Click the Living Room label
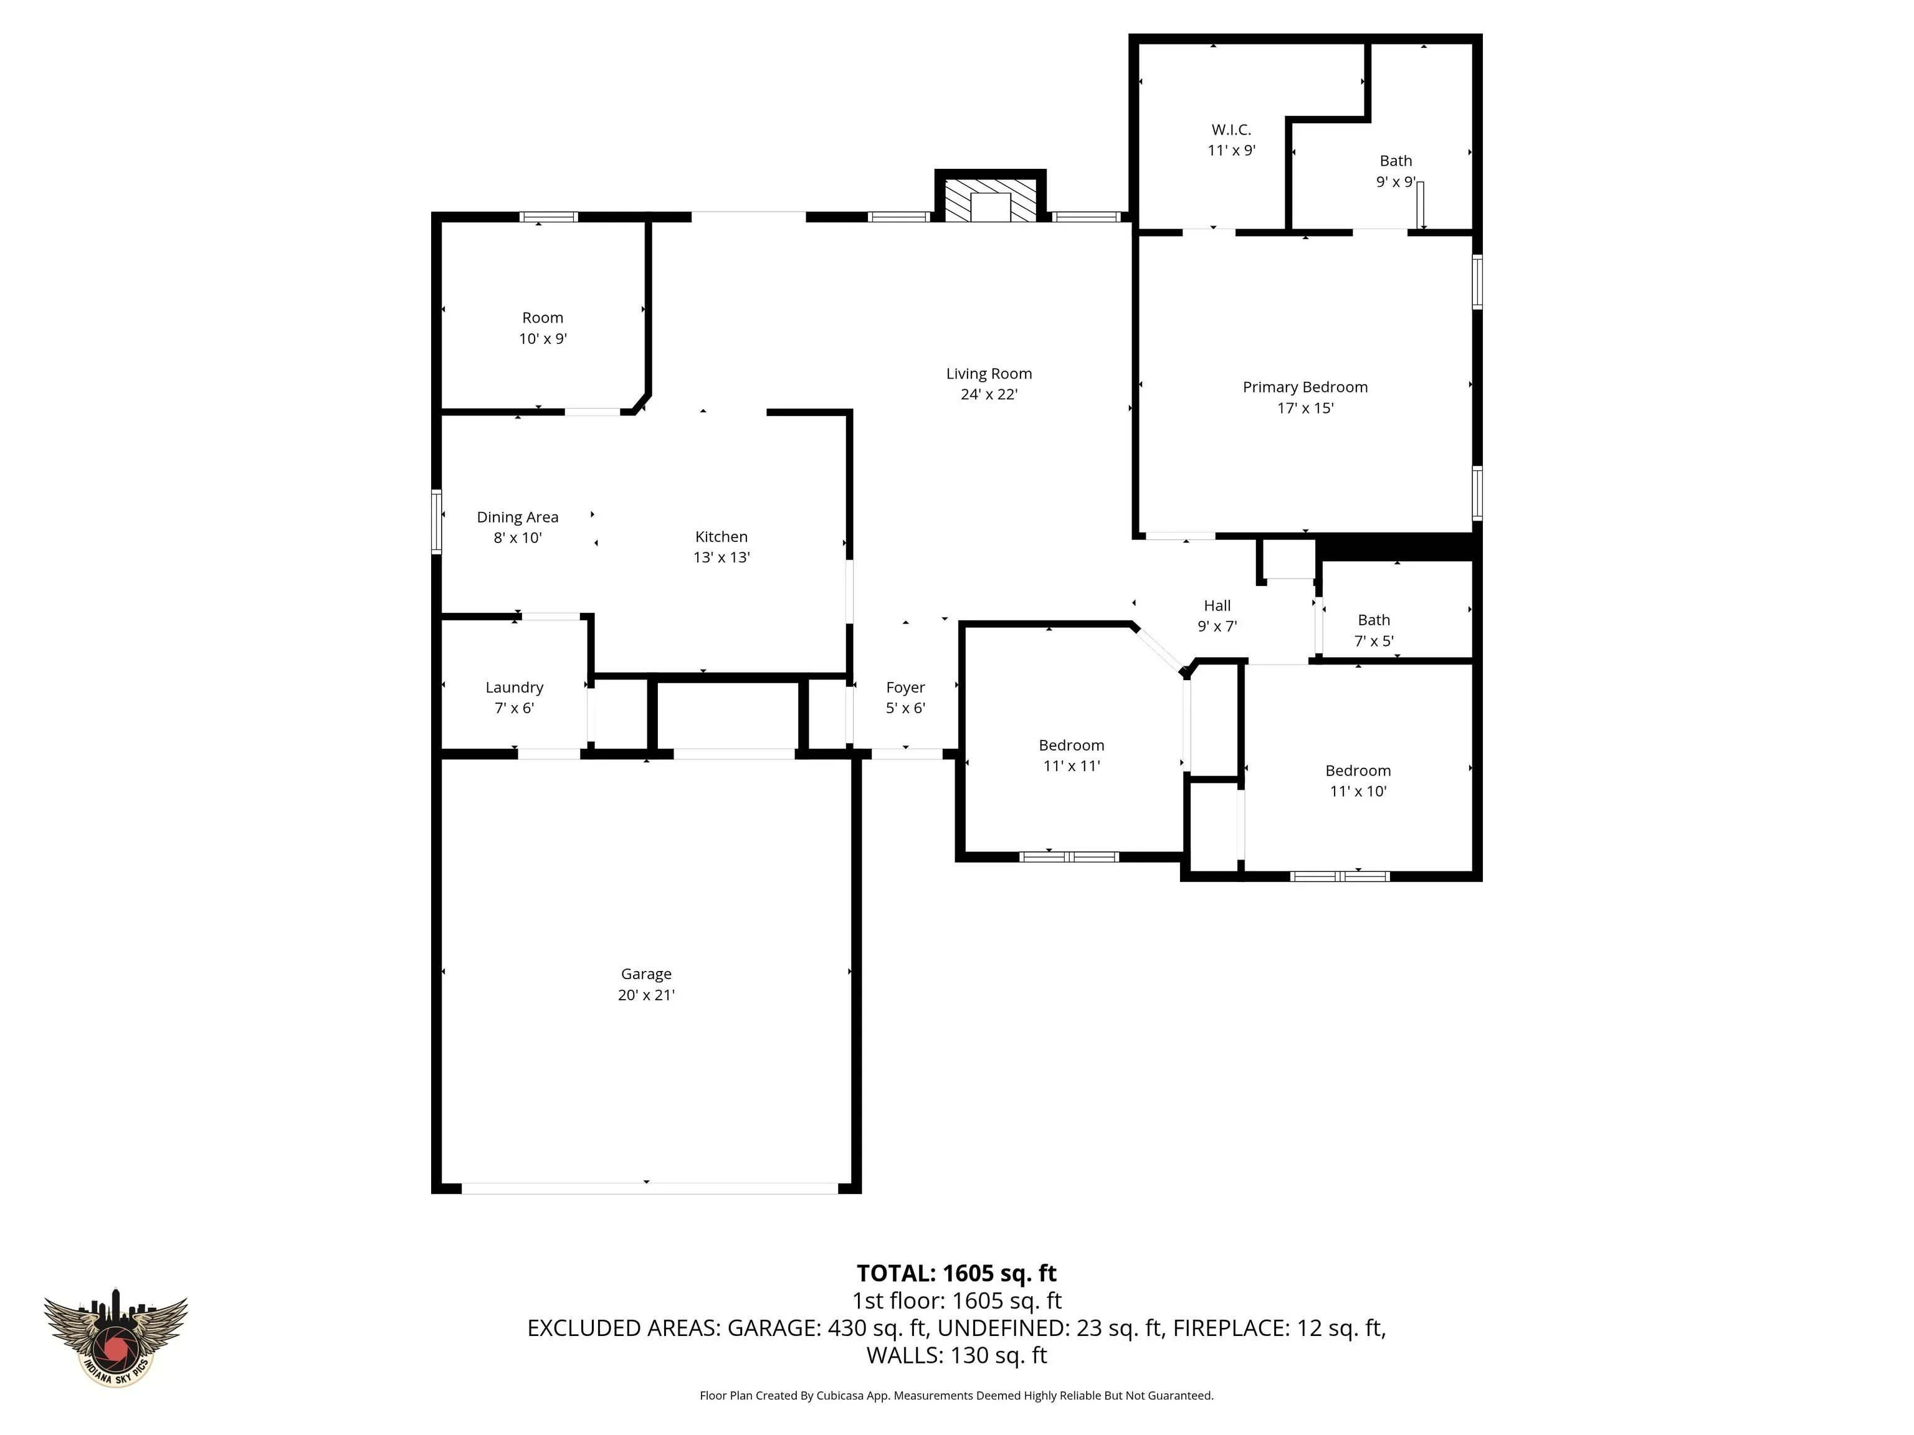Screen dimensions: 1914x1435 (988, 374)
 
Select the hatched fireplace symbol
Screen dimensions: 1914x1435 (990, 200)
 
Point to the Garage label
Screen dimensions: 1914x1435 (645, 974)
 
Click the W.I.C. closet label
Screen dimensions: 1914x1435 (1231, 130)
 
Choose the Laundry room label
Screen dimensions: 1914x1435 (514, 688)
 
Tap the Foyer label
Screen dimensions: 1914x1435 (905, 688)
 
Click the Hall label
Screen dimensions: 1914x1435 (1217, 605)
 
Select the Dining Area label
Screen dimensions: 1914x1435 (517, 517)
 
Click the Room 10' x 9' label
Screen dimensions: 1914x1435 (543, 328)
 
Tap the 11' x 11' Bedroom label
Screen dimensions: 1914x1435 (1071, 755)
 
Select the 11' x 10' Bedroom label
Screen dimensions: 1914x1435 (1358, 780)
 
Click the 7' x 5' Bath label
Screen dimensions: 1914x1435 (1373, 630)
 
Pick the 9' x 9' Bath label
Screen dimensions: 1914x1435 (1395, 171)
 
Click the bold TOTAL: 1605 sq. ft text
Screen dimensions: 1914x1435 (956, 1273)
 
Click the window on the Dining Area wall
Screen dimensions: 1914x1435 (437, 521)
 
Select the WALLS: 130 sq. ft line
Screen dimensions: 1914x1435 (956, 1355)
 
